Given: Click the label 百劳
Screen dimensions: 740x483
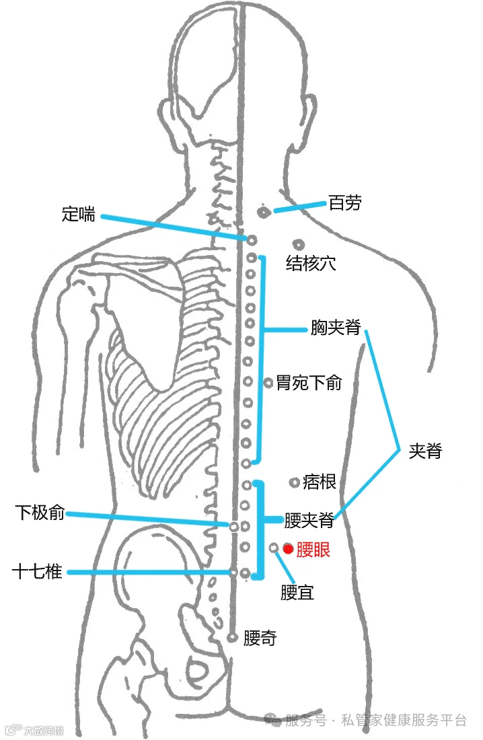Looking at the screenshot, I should (344, 202).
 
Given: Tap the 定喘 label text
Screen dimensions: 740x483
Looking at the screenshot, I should (78, 215).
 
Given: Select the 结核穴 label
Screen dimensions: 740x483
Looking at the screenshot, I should (311, 263).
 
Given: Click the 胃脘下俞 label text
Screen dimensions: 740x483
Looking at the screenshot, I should (309, 383).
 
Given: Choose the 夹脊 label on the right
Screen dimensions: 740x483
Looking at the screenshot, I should (425, 451).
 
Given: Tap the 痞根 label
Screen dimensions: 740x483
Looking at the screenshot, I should (320, 482).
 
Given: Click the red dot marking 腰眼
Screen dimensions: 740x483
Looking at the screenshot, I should (288, 549).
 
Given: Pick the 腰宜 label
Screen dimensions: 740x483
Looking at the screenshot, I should (297, 593).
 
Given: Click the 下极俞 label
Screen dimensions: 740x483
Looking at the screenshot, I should (40, 513).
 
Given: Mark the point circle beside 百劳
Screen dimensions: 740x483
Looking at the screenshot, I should (264, 212).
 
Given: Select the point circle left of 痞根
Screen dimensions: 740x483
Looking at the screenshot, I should (294, 482).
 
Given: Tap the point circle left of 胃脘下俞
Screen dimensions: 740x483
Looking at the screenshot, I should (268, 383).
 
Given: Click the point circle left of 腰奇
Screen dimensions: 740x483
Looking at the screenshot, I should (233, 636).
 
